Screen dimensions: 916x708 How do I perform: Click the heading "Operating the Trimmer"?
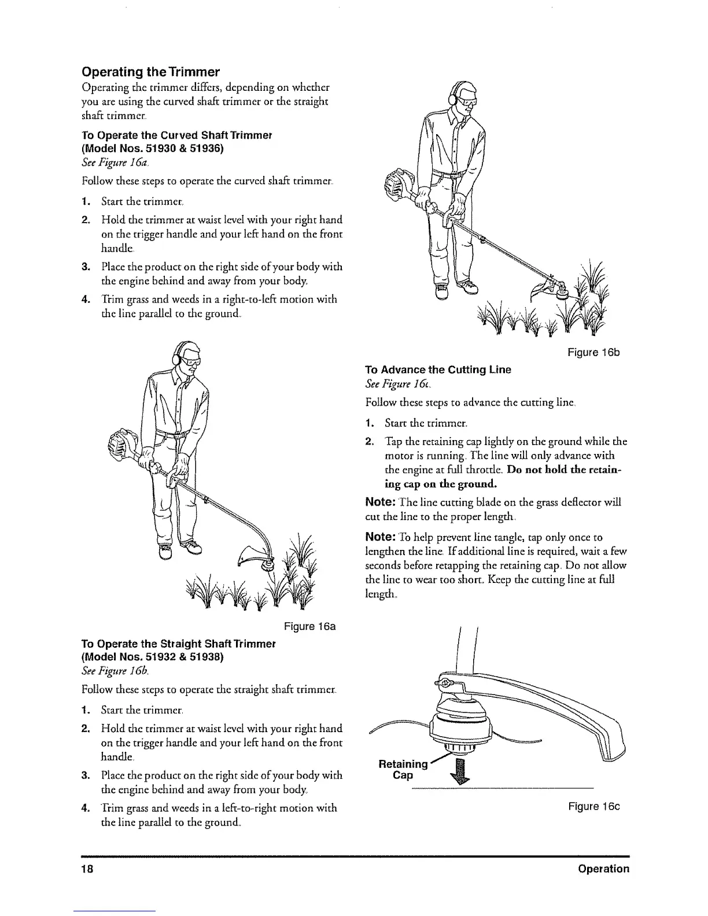(150, 72)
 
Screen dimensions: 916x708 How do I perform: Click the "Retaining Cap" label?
(402, 769)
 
